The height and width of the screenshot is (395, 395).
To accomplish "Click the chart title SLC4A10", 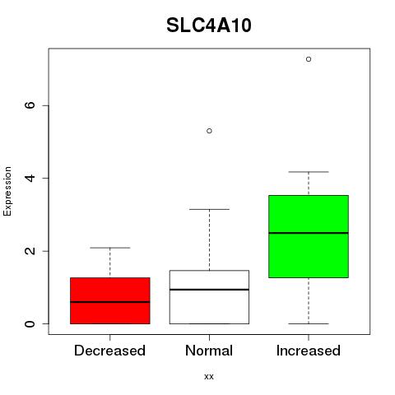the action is click(x=209, y=26).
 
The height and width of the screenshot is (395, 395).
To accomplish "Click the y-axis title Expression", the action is click(x=7, y=191).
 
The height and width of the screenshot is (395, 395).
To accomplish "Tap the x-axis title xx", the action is click(x=209, y=377).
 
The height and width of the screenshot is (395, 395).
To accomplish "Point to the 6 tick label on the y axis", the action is click(x=30, y=105).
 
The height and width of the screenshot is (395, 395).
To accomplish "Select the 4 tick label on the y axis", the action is click(x=30, y=178).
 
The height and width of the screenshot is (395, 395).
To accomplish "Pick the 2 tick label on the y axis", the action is click(x=30, y=251).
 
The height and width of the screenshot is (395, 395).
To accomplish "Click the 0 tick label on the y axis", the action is click(x=30, y=323).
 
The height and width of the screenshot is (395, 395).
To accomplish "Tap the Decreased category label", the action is click(x=109, y=351).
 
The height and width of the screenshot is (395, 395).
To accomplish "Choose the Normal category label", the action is click(x=209, y=351).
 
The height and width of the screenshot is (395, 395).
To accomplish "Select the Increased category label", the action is click(x=309, y=351).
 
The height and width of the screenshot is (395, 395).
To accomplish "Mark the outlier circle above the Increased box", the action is click(x=309, y=59).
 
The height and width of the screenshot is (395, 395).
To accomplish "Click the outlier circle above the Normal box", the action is click(x=209, y=131).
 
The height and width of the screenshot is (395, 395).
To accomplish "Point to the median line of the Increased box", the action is click(x=309, y=233).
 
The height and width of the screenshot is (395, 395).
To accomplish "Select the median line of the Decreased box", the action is click(x=110, y=302).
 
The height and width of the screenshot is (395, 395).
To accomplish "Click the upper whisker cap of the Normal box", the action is click(x=209, y=209).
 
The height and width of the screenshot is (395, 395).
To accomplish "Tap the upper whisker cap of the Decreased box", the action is click(x=110, y=248).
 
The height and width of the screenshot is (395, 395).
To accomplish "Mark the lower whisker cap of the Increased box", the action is click(x=309, y=323).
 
